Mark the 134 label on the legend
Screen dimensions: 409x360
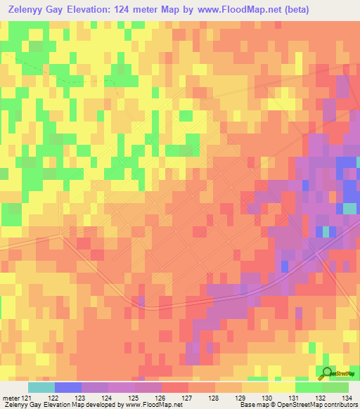pyautogui.click(x=347, y=397)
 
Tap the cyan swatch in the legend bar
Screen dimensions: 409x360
pyautogui.click(x=41, y=387)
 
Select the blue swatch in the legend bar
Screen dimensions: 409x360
pyautogui.click(x=67, y=387)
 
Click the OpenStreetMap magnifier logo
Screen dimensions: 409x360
pyautogui.click(x=327, y=373)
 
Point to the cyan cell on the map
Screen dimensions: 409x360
pyautogui.click(x=349, y=209)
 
